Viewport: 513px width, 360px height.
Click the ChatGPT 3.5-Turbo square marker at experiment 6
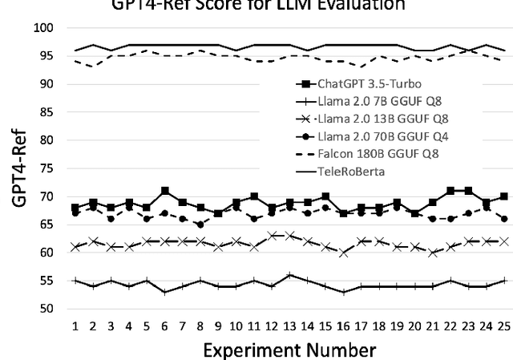pos(164,191)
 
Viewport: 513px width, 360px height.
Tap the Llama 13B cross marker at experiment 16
pos(343,253)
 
